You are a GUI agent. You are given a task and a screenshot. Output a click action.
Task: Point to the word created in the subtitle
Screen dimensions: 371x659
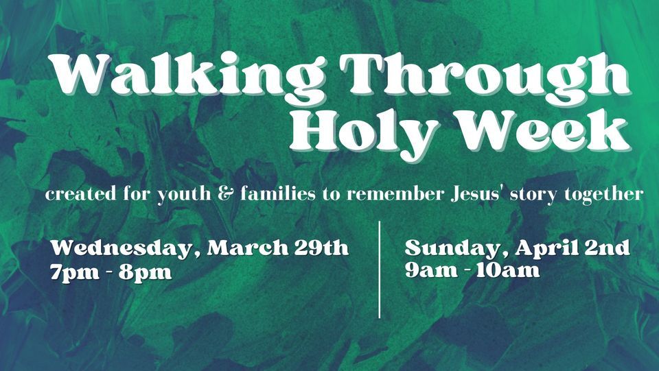point(83,195)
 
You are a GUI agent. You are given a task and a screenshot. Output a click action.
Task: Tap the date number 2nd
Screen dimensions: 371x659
point(607,248)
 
